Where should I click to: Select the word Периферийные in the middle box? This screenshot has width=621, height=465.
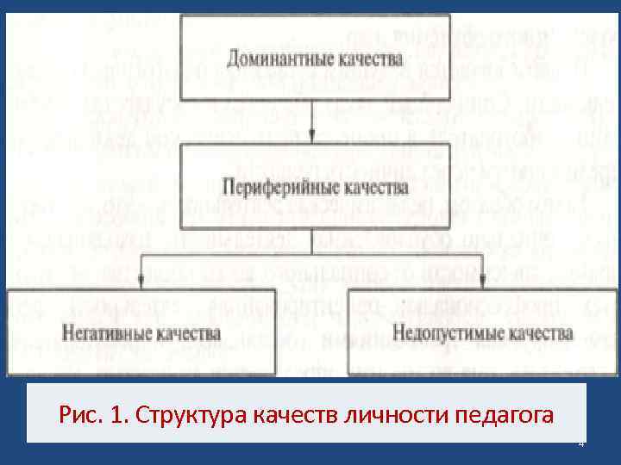point(275,184)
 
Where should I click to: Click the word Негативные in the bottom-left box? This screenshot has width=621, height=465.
point(100,332)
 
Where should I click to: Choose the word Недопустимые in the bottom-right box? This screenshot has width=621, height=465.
point(441,332)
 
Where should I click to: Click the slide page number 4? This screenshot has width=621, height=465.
point(580,443)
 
